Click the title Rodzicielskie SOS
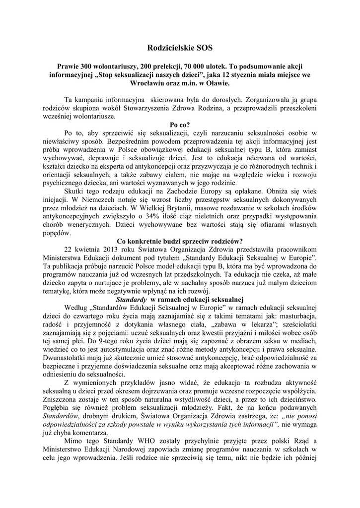point(180,48)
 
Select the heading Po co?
point(180,125)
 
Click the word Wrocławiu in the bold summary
point(148,84)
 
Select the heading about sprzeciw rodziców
point(180,241)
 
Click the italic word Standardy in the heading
point(131,300)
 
